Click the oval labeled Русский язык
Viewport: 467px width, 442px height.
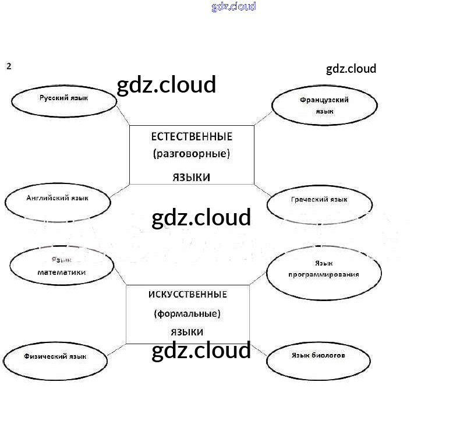click(64, 101)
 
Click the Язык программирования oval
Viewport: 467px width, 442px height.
click(324, 271)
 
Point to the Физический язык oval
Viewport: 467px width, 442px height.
click(55, 359)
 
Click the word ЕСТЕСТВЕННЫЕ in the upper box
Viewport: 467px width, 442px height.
click(192, 137)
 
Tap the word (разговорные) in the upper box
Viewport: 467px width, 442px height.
click(192, 154)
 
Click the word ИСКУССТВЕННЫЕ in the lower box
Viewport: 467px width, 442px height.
click(187, 294)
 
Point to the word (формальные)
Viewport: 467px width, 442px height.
click(187, 314)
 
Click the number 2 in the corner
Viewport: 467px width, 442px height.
click(9, 66)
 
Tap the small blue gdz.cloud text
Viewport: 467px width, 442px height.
click(233, 7)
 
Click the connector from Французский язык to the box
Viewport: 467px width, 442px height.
click(264, 118)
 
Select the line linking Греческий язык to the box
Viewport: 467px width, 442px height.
click(262, 190)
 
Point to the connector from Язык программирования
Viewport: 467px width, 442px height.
click(259, 279)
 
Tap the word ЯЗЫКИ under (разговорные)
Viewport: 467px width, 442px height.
click(191, 177)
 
